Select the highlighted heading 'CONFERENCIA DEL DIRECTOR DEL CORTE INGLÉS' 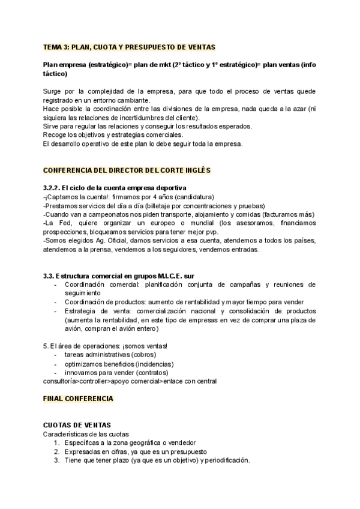click(127, 171)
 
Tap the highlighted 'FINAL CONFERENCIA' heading click(77, 398)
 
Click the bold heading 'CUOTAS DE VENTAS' click(77, 425)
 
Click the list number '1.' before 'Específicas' click(56, 442)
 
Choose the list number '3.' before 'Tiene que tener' click(56, 460)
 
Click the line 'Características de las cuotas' click(86, 433)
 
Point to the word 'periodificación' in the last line click(226, 460)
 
